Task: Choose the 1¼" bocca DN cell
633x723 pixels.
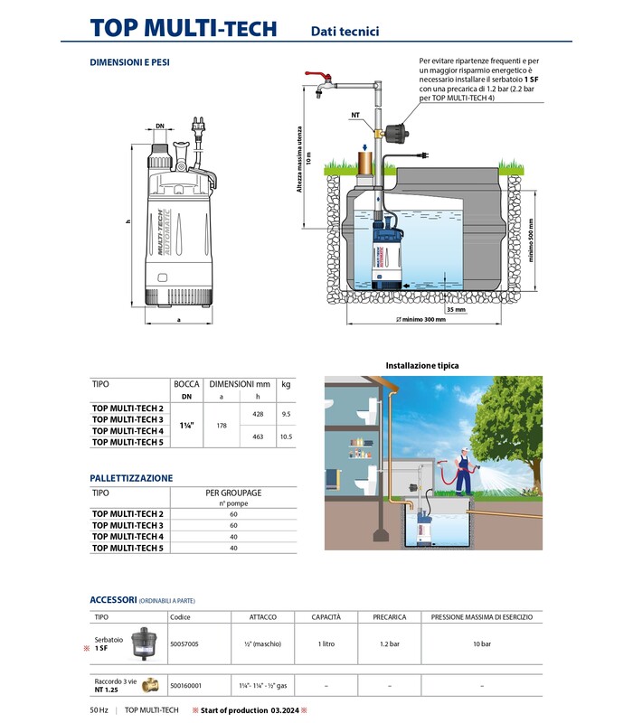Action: pyautogui.click(x=186, y=425)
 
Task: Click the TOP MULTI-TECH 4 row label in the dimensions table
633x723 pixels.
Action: pyautogui.click(x=128, y=430)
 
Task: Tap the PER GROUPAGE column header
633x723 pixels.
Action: pyautogui.click(x=233, y=493)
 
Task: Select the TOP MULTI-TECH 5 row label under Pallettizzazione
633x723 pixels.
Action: pyautogui.click(x=128, y=548)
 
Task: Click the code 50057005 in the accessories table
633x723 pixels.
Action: pyautogui.click(x=184, y=643)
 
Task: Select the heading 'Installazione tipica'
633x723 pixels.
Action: pyautogui.click(x=422, y=365)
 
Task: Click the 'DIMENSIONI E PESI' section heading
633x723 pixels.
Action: pyautogui.click(x=130, y=63)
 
